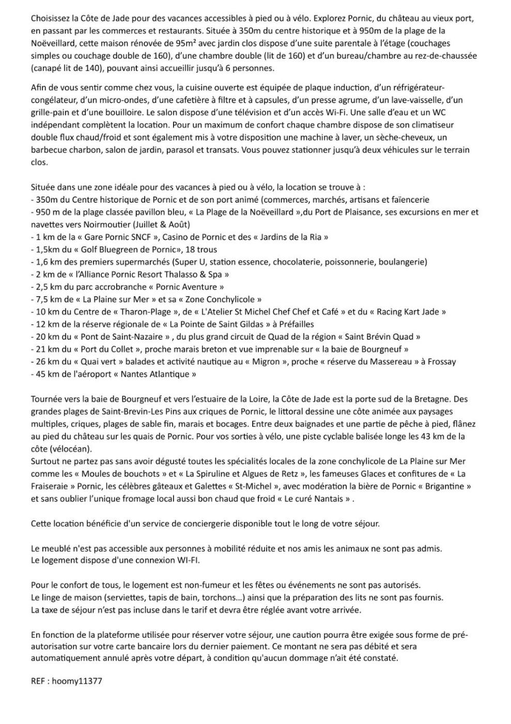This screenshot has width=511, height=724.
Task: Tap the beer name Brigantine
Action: (x=444, y=486)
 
